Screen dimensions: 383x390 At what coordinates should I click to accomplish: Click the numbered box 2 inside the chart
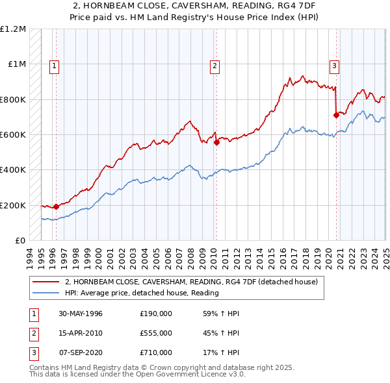click(214, 65)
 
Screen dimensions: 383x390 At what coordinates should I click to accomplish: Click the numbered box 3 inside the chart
click(334, 65)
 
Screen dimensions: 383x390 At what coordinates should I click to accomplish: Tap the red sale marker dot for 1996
click(56, 207)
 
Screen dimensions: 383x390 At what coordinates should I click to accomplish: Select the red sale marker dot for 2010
click(216, 143)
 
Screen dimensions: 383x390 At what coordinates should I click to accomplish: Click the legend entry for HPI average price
click(142, 293)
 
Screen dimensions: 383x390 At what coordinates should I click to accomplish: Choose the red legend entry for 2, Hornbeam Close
click(191, 282)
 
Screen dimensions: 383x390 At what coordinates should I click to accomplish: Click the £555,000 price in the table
click(156, 333)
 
